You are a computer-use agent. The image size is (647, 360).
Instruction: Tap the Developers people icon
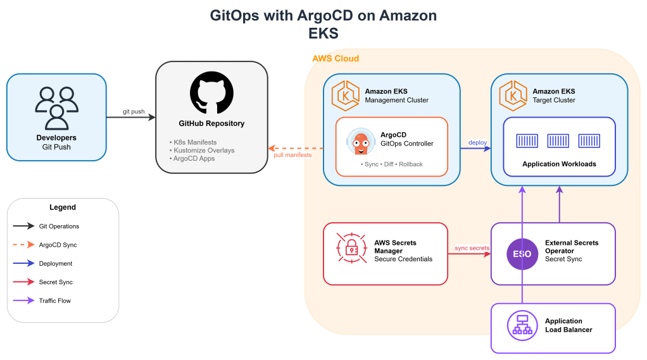pyautogui.click(x=56, y=108)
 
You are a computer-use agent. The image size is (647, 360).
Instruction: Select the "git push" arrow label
pyautogui.click(x=134, y=112)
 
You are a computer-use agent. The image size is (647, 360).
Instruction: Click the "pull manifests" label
pyautogui.click(x=292, y=155)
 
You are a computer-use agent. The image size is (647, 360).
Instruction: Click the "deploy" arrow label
pyautogui.click(x=477, y=142)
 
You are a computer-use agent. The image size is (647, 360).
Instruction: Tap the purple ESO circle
pyautogui.click(x=522, y=254)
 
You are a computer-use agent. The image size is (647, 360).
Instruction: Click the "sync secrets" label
pyautogui.click(x=472, y=248)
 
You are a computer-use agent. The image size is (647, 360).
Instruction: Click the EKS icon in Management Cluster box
pyautogui.click(x=345, y=96)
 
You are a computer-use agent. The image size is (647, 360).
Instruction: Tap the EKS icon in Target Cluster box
pyautogui.click(x=512, y=96)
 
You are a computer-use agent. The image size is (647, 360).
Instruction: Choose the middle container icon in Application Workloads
pyautogui.click(x=558, y=140)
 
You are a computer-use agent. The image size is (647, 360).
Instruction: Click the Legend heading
pyautogui.click(x=63, y=208)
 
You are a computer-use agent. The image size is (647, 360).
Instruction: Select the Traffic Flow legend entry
pyautogui.click(x=55, y=301)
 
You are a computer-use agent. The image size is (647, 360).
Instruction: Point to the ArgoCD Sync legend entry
pyautogui.click(x=58, y=245)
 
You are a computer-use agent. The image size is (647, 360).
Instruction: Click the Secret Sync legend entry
pyautogui.click(x=56, y=282)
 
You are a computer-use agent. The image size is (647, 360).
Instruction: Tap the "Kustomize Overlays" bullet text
pyautogui.click(x=202, y=150)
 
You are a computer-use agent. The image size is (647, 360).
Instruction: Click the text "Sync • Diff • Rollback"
pyautogui.click(x=391, y=164)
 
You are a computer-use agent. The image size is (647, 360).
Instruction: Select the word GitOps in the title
pyautogui.click(x=234, y=16)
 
